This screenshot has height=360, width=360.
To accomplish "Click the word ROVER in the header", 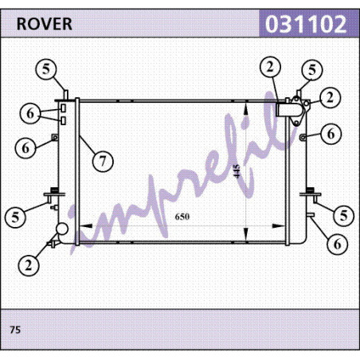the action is [45, 24].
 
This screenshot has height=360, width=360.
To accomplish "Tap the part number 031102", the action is [306, 24].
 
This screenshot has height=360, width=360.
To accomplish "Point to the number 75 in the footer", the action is [15, 330].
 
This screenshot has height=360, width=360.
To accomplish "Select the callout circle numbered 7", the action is [103, 161].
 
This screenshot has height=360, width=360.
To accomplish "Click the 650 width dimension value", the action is [182, 217].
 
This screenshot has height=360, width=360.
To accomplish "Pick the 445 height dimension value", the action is [237, 171].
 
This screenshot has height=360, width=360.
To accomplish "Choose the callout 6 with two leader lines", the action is [30, 113].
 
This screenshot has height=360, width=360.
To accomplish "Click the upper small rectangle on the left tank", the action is [63, 108].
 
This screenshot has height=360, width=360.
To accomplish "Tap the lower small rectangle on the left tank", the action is [63, 120].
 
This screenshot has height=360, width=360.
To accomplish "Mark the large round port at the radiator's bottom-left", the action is [62, 229].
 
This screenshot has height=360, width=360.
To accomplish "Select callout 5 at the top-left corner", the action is [46, 69].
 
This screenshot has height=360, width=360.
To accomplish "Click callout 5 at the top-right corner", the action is [312, 70].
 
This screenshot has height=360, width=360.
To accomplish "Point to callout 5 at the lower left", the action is [15, 217].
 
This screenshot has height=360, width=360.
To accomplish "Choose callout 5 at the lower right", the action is [343, 215].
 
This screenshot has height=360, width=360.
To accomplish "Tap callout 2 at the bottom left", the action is [29, 265].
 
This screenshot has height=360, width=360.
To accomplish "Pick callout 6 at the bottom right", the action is [337, 244].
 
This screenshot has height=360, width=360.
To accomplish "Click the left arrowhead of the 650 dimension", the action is [86, 226].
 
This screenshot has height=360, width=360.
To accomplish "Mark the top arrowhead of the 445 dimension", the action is [246, 108].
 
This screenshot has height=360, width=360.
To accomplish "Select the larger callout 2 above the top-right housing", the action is [270, 67].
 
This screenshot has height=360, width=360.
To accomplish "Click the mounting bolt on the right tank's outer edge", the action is [303, 137].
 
